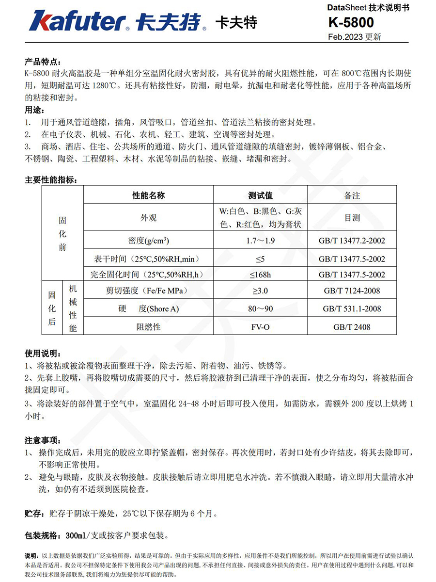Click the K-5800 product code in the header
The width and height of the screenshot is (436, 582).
pos(351,22)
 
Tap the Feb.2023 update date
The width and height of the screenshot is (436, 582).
pos(354,37)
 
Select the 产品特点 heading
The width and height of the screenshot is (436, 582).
pos(43,62)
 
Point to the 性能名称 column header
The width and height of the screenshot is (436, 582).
pos(149,195)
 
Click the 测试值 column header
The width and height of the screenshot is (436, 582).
pos(260,195)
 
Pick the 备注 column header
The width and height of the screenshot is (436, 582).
pos(352,195)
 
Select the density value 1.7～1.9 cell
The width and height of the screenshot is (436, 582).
pos(260,240)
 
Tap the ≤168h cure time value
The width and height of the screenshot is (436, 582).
pos(260,275)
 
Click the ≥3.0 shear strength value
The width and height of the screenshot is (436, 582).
pos(260,291)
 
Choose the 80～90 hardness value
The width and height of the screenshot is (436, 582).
pos(260,309)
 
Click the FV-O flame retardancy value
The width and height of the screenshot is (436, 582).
pos(260,327)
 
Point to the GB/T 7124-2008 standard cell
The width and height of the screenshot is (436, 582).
pos(352,291)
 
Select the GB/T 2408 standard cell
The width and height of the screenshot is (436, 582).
pos(352,327)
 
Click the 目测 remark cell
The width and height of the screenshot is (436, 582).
pos(352,218)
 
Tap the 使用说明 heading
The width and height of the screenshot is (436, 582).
pos(43,353)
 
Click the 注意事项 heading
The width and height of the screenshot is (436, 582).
pos(43,440)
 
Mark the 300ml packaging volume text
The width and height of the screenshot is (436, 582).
pos(74,536)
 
